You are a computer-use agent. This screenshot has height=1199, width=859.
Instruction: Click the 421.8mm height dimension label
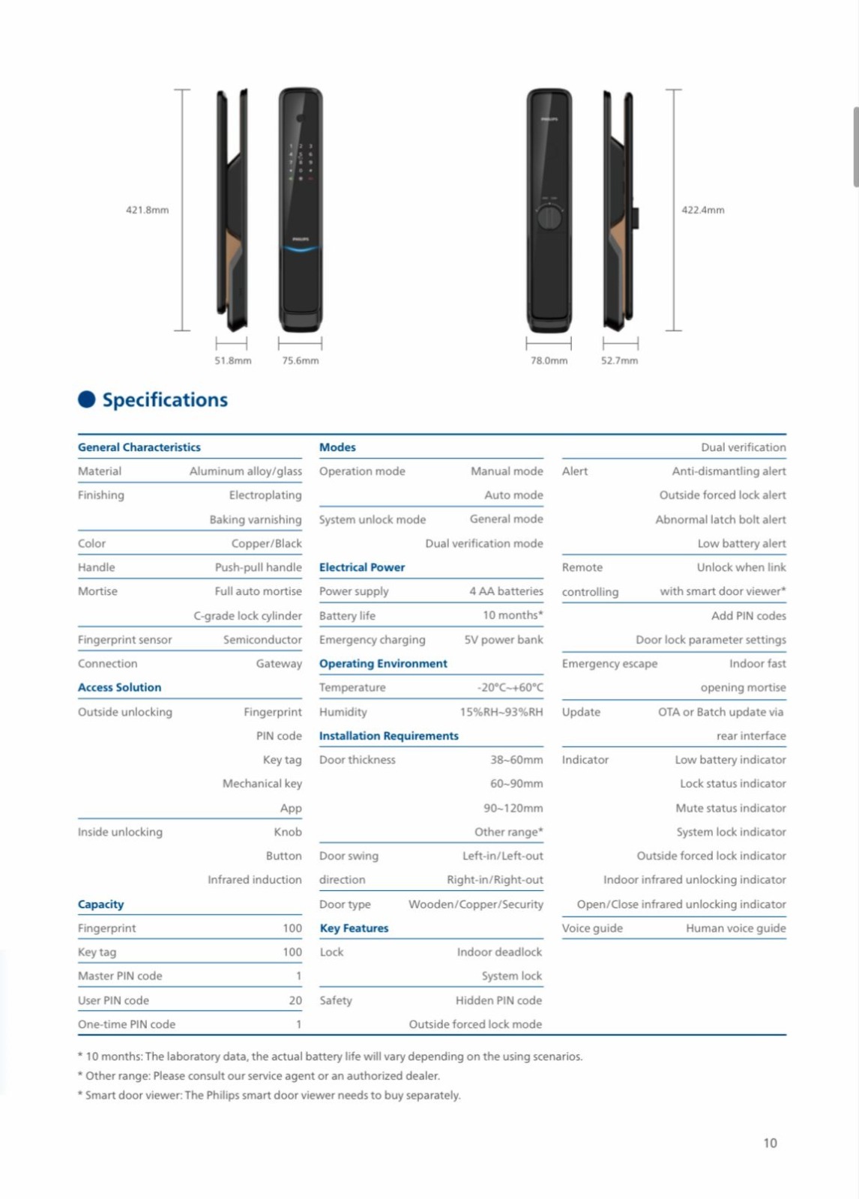point(147,210)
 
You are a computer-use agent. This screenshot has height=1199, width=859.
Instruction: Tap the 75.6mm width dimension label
point(300,360)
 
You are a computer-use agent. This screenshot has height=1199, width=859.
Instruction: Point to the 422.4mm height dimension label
point(702,210)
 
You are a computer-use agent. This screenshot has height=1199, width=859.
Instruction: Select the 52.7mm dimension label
point(619,360)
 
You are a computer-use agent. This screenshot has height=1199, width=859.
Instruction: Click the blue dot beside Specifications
point(87,399)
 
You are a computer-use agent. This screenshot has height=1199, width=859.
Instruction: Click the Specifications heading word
point(165,400)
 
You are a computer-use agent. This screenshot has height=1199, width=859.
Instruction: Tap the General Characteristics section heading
point(139,447)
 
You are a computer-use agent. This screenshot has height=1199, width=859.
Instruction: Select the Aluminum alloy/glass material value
point(245,471)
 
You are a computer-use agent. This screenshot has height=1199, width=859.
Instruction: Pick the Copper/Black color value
point(266,543)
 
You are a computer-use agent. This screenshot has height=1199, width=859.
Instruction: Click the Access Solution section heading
point(119,687)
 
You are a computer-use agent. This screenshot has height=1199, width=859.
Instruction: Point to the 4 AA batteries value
point(506,591)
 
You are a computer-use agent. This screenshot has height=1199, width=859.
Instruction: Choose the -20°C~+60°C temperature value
point(510,687)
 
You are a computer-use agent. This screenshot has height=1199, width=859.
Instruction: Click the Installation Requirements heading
point(388,736)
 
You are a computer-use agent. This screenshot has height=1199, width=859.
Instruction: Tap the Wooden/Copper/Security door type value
point(475,904)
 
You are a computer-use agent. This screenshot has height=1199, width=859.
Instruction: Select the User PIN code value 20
point(295,1000)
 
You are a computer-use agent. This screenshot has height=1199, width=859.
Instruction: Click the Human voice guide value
point(735,928)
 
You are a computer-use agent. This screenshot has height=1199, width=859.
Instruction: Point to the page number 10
point(770,1143)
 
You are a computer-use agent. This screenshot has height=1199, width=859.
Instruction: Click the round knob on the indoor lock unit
point(549,217)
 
